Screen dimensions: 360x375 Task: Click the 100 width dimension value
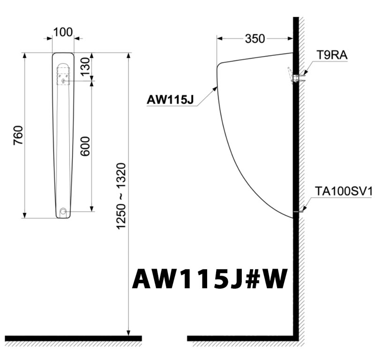(63, 32)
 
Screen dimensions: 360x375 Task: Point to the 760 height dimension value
(18, 135)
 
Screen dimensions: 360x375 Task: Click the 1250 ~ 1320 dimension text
(121, 196)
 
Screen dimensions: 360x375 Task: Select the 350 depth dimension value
(255, 38)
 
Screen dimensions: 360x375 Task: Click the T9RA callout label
(331, 55)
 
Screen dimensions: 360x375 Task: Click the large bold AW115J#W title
(209, 280)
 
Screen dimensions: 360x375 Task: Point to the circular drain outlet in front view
(63, 212)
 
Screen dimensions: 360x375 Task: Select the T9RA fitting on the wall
(294, 76)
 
